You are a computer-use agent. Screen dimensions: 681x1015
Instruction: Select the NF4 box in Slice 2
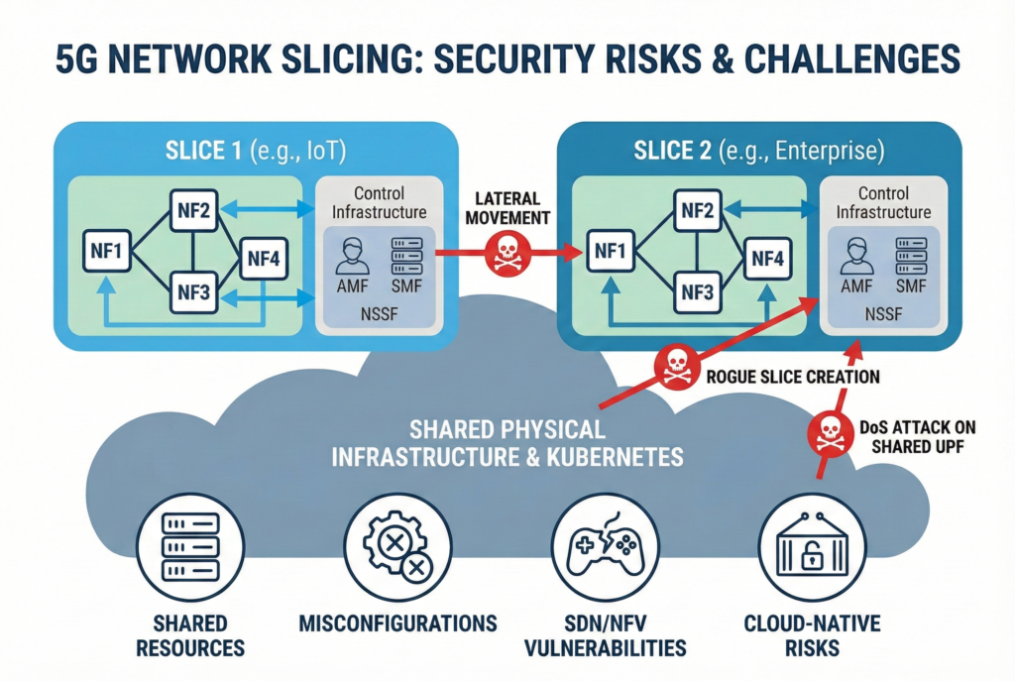(768, 259)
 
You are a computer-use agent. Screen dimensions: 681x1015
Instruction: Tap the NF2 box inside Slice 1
(193, 209)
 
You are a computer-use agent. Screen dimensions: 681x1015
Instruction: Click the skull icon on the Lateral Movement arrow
(507, 254)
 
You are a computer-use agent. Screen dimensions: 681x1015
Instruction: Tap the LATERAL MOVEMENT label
(507, 208)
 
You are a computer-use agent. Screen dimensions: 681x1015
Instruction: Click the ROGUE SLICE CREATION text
(793, 378)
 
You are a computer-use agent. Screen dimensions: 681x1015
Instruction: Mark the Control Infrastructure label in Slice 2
(883, 203)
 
